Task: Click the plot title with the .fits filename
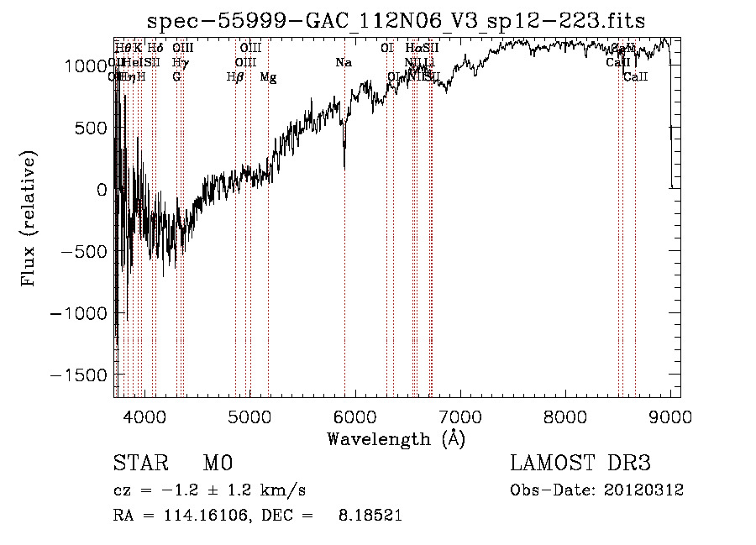[396, 21]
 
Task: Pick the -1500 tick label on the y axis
[81, 375]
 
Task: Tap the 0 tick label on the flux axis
[102, 190]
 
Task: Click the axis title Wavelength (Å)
[396, 438]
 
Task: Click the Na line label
[344, 63]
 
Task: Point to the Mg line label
[268, 77]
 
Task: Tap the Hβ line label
[235, 77]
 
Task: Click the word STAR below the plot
[139, 464]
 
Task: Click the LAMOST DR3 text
[580, 464]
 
